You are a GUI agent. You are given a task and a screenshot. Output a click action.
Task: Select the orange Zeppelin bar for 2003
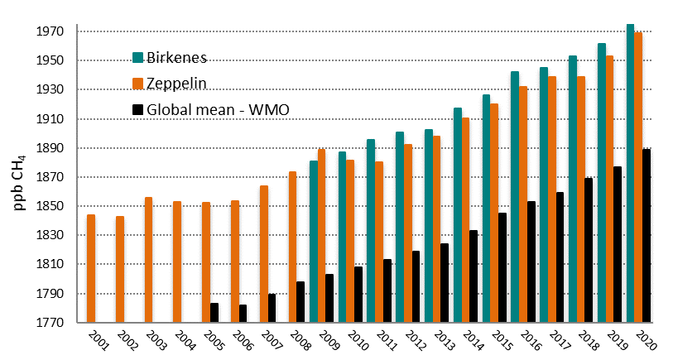(148, 260)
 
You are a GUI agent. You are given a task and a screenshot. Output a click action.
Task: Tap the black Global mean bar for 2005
(214, 313)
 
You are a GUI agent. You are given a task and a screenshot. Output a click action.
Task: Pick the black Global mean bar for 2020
(647, 236)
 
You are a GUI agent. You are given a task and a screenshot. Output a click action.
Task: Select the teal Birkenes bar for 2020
(630, 174)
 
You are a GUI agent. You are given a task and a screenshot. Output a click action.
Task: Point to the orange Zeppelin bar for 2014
(466, 220)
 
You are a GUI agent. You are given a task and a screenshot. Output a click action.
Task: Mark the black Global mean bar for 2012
(416, 286)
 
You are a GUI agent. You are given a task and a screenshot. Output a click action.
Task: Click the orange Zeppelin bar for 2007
(263, 254)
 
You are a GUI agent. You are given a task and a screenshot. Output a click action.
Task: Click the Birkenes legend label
(176, 57)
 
